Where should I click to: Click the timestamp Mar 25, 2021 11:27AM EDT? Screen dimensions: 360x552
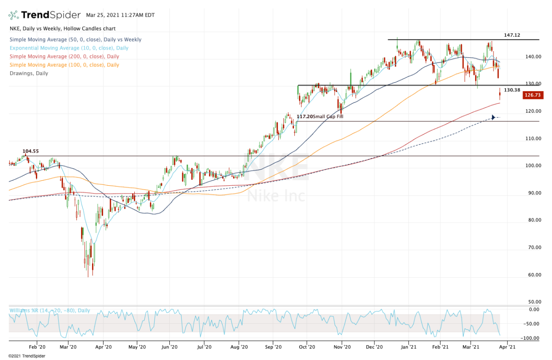point(121,15)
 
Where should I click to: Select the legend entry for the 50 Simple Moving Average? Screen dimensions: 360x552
point(75,40)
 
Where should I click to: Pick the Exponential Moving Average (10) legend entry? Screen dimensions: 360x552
point(69,48)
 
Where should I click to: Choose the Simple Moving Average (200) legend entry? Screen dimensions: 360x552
point(64,57)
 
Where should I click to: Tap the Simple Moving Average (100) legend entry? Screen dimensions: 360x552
point(64,65)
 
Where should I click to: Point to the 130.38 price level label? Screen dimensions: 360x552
point(512,90)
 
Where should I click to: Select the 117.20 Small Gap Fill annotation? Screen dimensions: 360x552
point(320,117)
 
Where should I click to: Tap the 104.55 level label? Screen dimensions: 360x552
point(30,151)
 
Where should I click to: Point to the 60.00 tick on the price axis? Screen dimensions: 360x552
point(535,275)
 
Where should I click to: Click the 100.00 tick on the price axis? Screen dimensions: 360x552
point(534,166)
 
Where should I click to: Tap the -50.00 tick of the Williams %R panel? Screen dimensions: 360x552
point(533,324)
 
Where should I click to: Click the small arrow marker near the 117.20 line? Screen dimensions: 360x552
point(494,117)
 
